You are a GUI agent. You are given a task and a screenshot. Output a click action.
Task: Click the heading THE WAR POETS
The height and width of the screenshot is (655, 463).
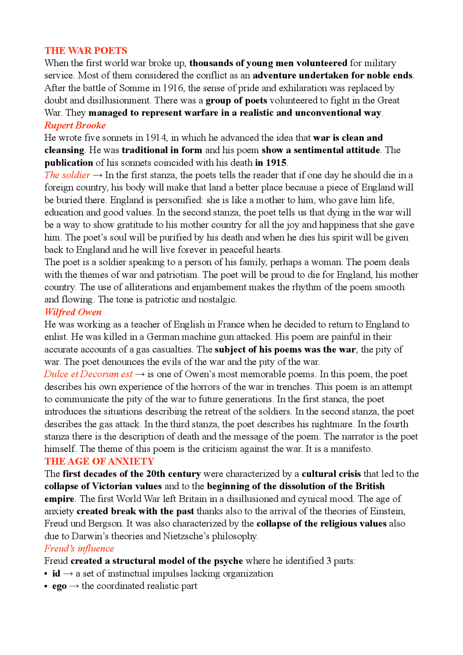pos(86,51)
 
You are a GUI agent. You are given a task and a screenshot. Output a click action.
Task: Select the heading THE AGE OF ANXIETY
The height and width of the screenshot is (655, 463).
pos(99,462)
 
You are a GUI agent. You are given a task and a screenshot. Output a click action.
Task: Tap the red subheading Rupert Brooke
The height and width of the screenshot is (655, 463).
pos(75,126)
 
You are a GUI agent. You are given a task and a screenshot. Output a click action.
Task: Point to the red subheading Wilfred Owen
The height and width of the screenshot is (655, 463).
pos(73,312)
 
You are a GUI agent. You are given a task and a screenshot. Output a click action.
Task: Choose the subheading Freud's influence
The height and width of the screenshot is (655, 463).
pos(79,549)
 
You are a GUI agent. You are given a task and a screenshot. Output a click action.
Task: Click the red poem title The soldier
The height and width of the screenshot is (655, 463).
pos(67,175)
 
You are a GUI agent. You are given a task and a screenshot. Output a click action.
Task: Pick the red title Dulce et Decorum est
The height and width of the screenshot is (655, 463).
pos(88,374)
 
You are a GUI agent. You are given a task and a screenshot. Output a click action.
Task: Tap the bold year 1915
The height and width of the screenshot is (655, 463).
pos(276,163)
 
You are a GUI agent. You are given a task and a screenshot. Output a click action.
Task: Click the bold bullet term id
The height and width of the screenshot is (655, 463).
pos(56,574)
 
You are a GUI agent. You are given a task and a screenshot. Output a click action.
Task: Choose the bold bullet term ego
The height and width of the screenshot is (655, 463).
pos(59,586)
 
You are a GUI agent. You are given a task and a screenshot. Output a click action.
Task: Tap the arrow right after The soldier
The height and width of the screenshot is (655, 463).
pos(98,175)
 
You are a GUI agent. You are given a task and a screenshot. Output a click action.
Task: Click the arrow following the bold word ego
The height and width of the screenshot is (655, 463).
pos(74,586)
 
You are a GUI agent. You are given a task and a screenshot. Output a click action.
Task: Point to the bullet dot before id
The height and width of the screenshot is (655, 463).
pos(46,574)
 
